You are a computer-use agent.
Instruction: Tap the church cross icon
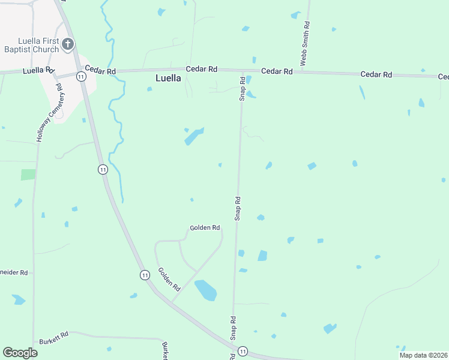pyautogui.click(x=68, y=44)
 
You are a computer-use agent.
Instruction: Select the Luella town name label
pyautogui.click(x=169, y=78)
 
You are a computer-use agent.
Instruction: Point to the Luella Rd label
pyautogui.click(x=38, y=71)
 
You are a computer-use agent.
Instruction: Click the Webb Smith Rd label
pyautogui.click(x=305, y=44)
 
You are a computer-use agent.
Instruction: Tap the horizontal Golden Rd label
pyautogui.click(x=205, y=228)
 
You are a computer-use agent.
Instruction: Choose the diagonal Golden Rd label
pyautogui.click(x=169, y=279)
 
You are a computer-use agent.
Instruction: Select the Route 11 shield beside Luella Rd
pyautogui.click(x=80, y=75)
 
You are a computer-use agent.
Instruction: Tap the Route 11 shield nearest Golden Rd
pyautogui.click(x=145, y=275)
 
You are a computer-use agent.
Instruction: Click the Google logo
pyautogui.click(x=20, y=353)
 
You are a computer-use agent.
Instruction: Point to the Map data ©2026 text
pyautogui.click(x=423, y=355)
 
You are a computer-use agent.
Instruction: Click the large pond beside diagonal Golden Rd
pyautogui.click(x=205, y=290)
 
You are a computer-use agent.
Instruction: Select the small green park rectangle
pyautogui.click(x=28, y=175)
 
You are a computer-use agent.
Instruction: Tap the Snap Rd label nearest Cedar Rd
pyautogui.click(x=243, y=88)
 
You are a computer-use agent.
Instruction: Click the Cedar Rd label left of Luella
pyautogui.click(x=100, y=70)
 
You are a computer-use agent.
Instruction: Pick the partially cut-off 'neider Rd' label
pyautogui.click(x=14, y=272)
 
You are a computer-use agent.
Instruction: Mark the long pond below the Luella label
pyautogui.click(x=194, y=137)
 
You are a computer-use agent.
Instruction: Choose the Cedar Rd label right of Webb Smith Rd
pyautogui.click(x=376, y=74)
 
